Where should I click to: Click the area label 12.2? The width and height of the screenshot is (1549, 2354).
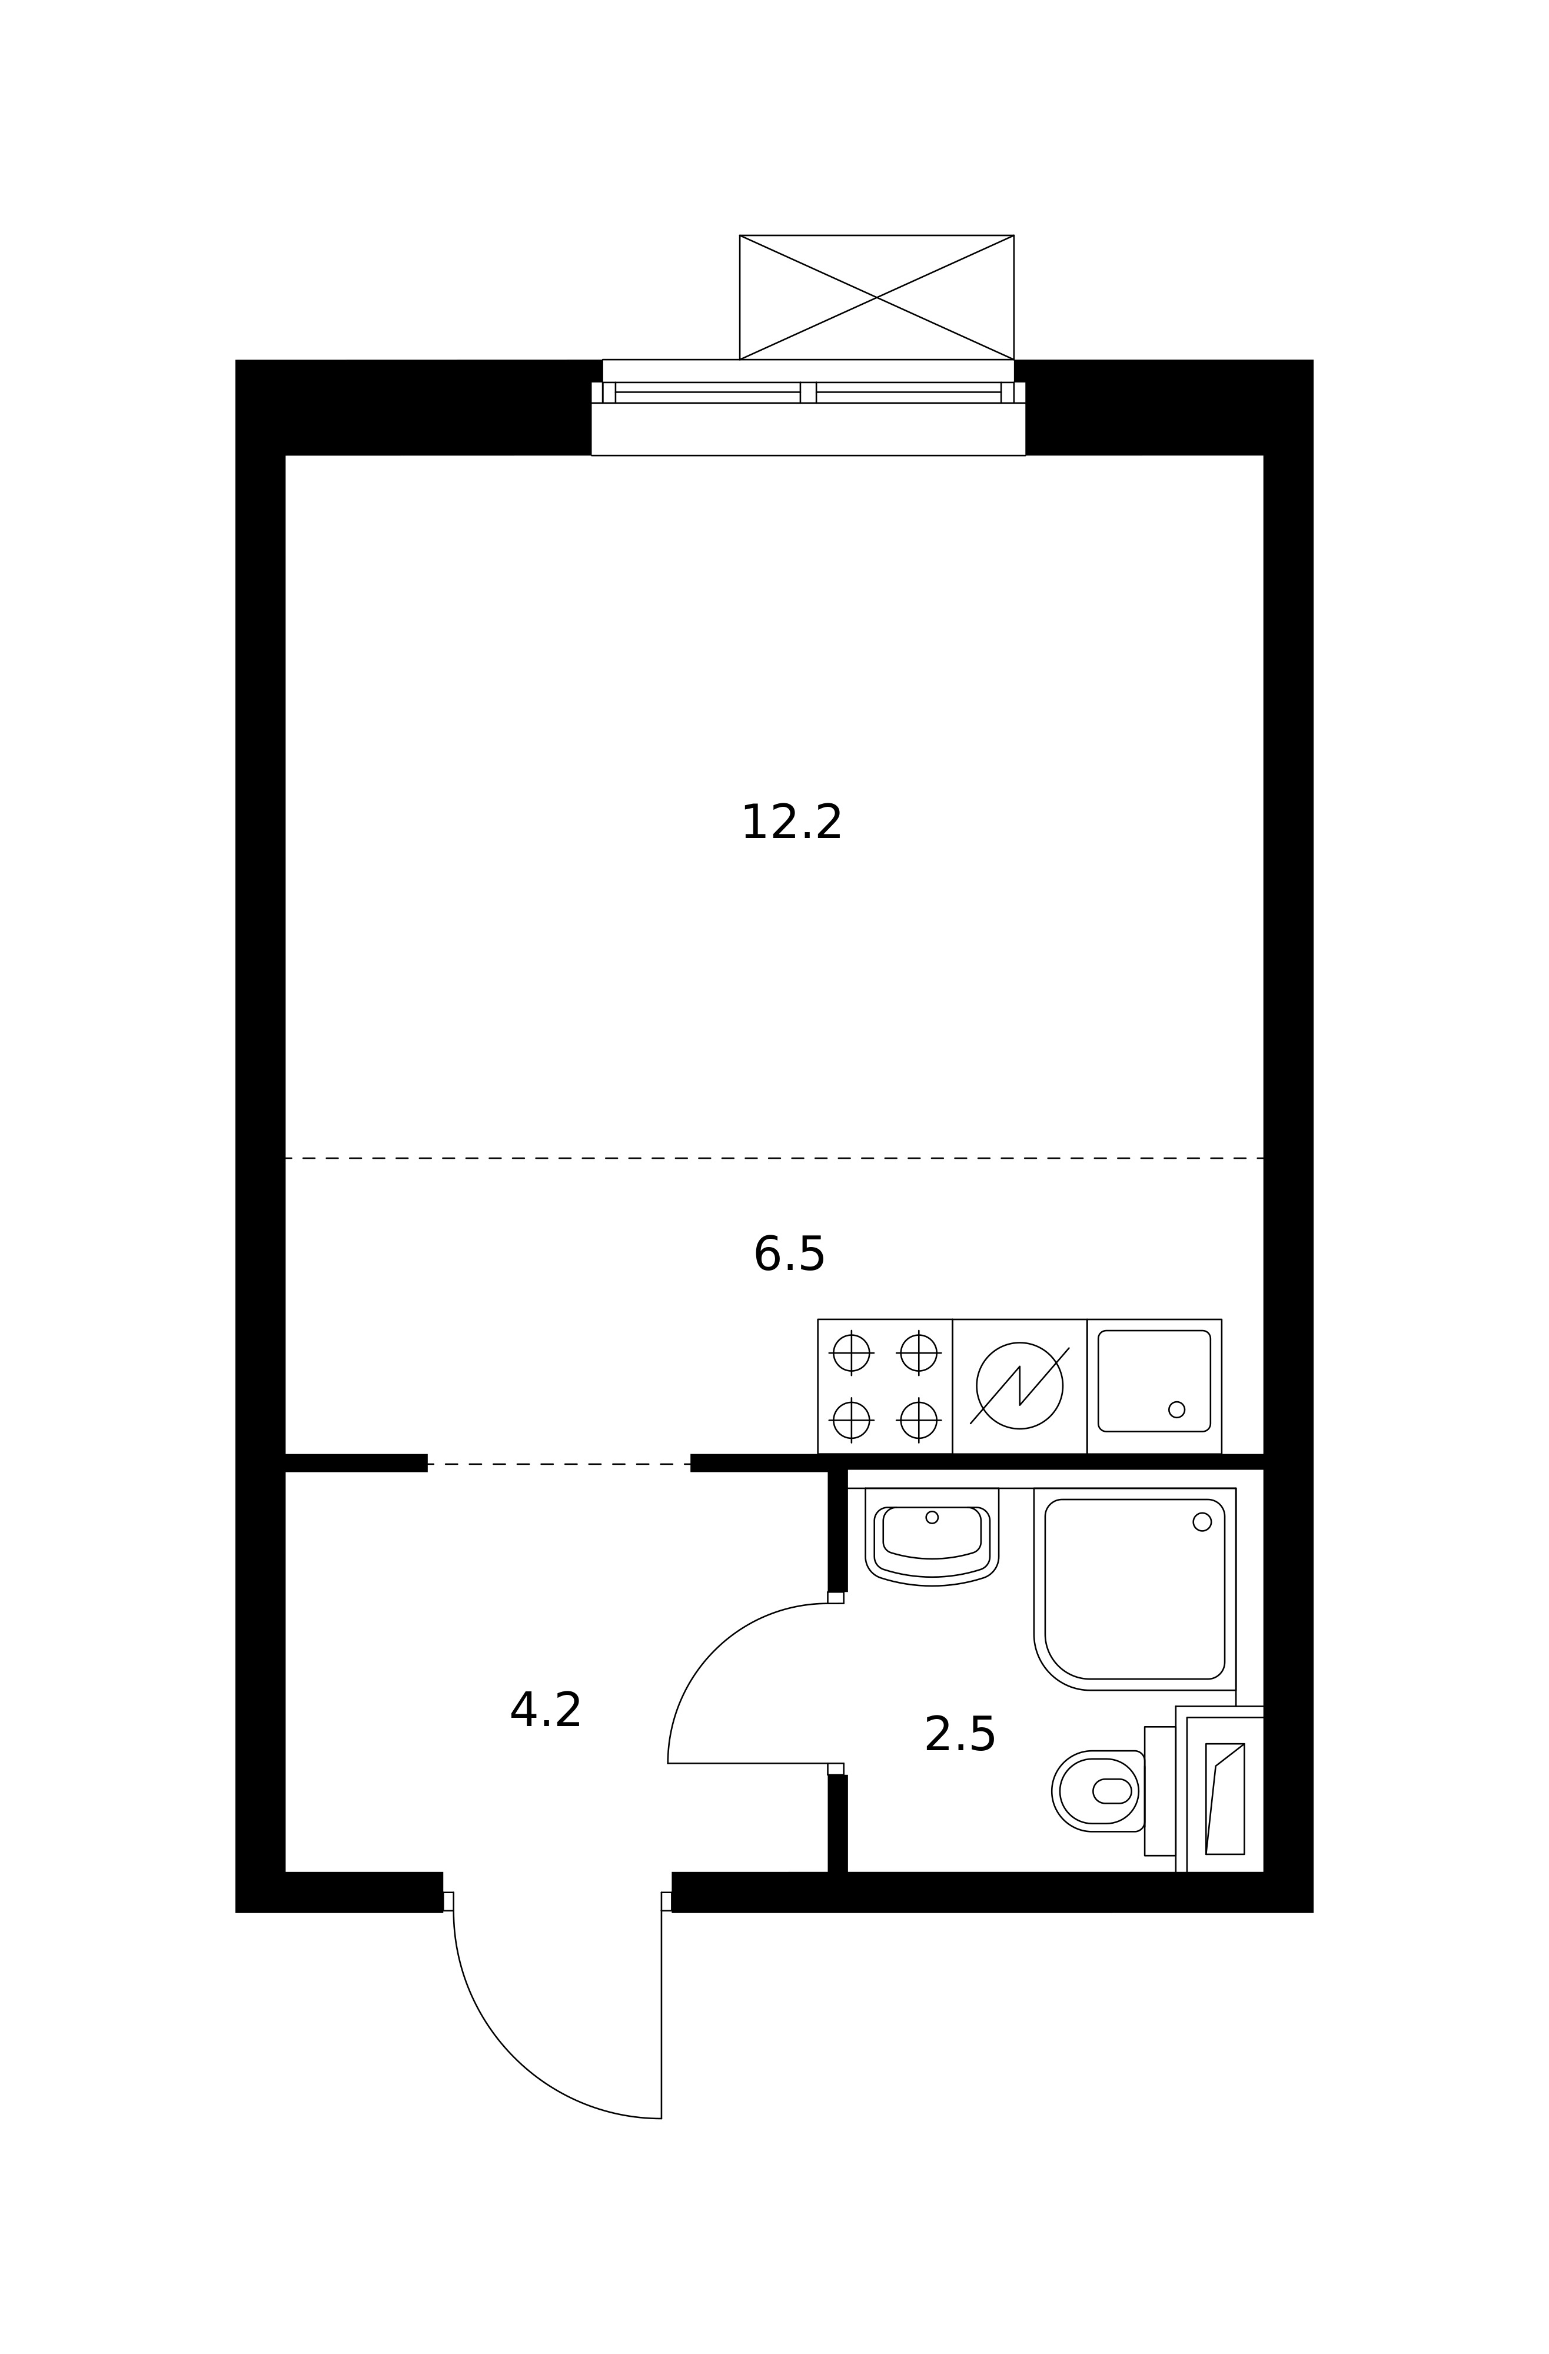pyautogui.click(x=792, y=823)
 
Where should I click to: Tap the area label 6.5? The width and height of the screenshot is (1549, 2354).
pyautogui.click(x=789, y=1255)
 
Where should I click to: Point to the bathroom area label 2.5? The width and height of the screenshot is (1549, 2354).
pyautogui.click(x=959, y=1735)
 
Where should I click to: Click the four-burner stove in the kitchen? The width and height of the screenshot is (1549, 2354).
pyautogui.click(x=885, y=1387)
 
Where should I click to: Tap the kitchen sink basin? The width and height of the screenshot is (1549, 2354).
pyautogui.click(x=1154, y=1381)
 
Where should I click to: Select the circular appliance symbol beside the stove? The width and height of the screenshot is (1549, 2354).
pyautogui.click(x=1020, y=1386)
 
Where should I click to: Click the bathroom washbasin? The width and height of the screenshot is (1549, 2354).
pyautogui.click(x=932, y=1537)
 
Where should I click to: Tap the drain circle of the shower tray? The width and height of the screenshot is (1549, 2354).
pyautogui.click(x=1202, y=1522)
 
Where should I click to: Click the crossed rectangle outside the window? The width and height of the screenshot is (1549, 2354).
pyautogui.click(x=876, y=298)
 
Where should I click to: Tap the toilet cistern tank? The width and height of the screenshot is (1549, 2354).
pyautogui.click(x=1160, y=1791)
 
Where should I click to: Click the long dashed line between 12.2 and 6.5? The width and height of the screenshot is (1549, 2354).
pyautogui.click(x=774, y=1158)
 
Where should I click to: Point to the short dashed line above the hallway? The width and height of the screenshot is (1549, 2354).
pyautogui.click(x=559, y=1464)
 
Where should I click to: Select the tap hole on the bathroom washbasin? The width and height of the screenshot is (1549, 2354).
pyautogui.click(x=932, y=1517)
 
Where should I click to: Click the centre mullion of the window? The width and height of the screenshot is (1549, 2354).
pyautogui.click(x=808, y=393)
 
